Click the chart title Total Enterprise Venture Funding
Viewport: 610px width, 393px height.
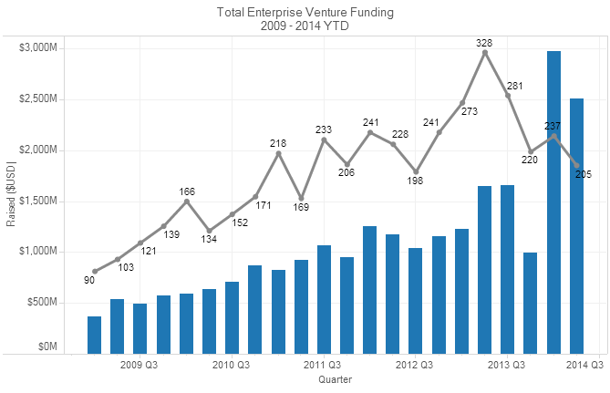tap(305, 12)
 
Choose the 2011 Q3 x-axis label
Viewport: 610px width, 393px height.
tap(324, 365)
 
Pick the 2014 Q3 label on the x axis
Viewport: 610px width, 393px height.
tap(584, 365)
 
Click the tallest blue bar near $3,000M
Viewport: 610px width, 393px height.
tap(553, 202)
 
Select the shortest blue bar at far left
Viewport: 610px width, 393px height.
tap(94, 334)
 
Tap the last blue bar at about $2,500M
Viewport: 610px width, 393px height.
tap(576, 225)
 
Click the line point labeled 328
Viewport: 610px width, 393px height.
tap(485, 53)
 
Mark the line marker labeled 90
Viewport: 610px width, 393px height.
tap(95, 271)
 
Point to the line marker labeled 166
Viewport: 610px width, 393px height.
tap(187, 202)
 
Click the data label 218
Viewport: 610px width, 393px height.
tap(279, 143)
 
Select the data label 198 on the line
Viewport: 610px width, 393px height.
tap(416, 181)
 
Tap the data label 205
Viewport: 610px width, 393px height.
tap(584, 174)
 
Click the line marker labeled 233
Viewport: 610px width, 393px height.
tap(324, 140)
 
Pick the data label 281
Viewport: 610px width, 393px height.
tap(514, 87)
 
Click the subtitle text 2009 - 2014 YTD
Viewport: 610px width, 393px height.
tap(305, 26)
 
